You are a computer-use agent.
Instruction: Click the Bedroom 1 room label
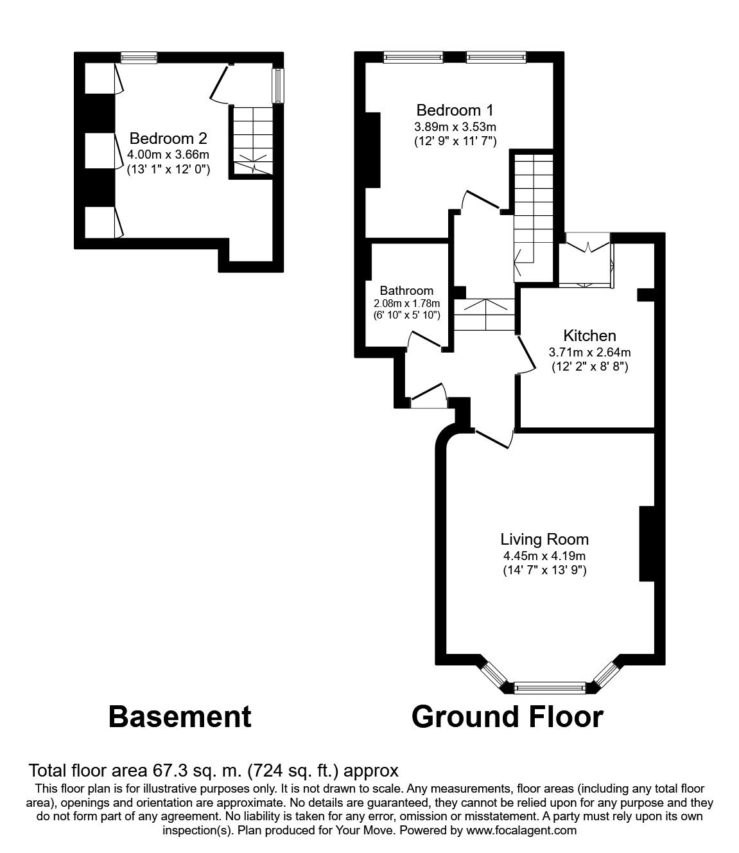click(x=455, y=110)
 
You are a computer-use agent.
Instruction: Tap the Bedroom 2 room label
click(x=168, y=138)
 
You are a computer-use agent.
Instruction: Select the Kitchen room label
click(x=589, y=335)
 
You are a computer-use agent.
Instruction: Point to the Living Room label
click(x=544, y=540)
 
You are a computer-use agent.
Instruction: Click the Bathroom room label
click(x=406, y=290)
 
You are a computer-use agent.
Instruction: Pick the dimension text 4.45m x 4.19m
click(x=544, y=556)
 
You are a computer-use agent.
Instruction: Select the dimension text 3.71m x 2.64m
click(x=589, y=352)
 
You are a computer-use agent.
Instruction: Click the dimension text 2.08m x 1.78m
click(x=406, y=303)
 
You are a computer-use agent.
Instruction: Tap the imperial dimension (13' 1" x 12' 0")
click(x=168, y=169)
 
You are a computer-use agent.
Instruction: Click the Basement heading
click(x=180, y=716)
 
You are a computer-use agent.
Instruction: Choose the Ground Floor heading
click(x=507, y=716)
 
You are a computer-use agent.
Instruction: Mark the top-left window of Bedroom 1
click(x=413, y=58)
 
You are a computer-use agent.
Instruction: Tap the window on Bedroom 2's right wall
click(x=277, y=85)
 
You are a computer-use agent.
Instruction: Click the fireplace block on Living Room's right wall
click(x=646, y=543)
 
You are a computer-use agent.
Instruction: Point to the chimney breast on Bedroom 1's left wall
click(x=372, y=149)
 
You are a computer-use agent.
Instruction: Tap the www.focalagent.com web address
click(x=521, y=830)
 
